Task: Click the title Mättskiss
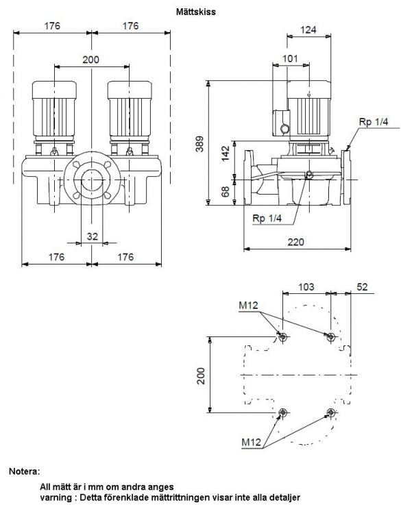point(196,12)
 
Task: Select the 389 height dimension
point(200,144)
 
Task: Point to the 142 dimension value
point(226,153)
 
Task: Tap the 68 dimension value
point(226,191)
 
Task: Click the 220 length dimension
point(295,242)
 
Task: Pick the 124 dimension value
point(308,29)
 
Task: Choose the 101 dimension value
point(290,59)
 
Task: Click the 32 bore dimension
point(92,236)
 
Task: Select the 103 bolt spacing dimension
point(306,286)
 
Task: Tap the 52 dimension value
point(363,286)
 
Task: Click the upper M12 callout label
point(248,305)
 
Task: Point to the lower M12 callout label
point(252,442)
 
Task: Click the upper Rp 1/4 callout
point(374,122)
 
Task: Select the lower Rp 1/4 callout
point(267,218)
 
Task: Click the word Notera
point(25,471)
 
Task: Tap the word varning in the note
point(57,497)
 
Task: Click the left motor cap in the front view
point(54,90)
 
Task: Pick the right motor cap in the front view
point(130,90)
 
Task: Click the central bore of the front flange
point(92,179)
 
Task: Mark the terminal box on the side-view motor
point(281,123)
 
